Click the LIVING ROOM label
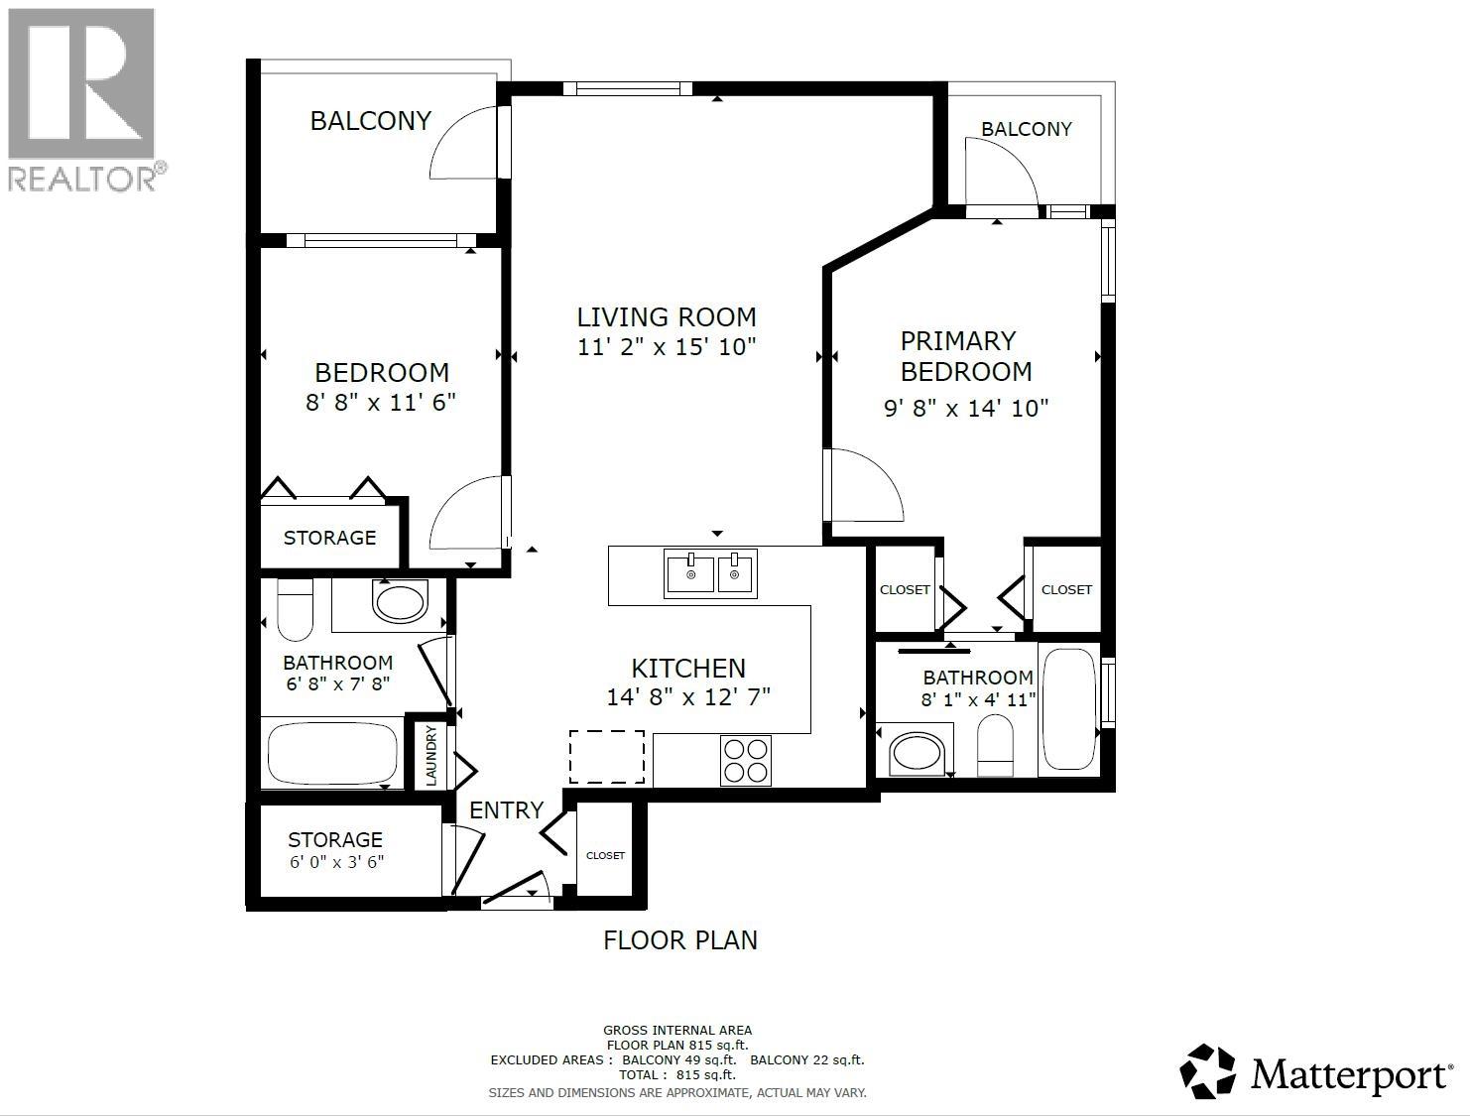click(x=667, y=317)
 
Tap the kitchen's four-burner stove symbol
click(x=747, y=761)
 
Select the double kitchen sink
click(x=710, y=573)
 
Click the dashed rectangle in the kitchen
click(x=606, y=756)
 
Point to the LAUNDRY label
click(x=431, y=756)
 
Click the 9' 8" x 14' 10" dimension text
click(x=965, y=408)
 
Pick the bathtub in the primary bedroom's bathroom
click(x=1068, y=708)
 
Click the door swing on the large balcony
click(x=464, y=145)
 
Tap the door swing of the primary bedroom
click(x=865, y=485)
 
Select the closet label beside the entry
click(x=605, y=855)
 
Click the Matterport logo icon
click(x=1208, y=1071)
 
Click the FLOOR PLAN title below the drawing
click(x=680, y=940)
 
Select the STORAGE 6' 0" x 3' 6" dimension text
click(x=336, y=862)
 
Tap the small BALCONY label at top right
click(x=1026, y=129)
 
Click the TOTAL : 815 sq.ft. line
click(x=678, y=1074)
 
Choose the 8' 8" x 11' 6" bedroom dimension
click(x=381, y=402)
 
